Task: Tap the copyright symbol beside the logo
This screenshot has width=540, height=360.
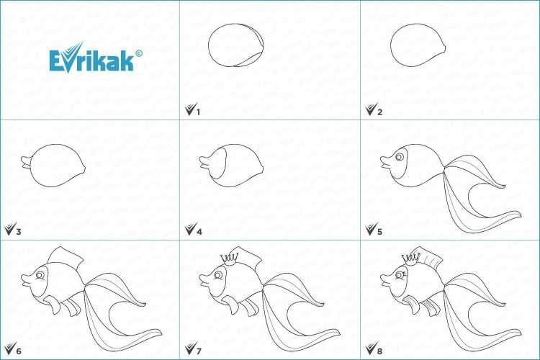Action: (x=139, y=53)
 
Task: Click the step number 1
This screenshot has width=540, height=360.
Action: (x=198, y=112)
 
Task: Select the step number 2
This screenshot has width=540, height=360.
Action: (x=379, y=112)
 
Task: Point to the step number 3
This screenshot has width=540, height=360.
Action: (x=18, y=232)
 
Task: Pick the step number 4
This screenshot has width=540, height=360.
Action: (x=199, y=232)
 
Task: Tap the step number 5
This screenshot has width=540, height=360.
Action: (x=379, y=232)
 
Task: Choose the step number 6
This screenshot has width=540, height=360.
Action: (x=19, y=351)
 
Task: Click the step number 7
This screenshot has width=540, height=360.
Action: (x=199, y=351)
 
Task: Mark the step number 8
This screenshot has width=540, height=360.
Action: (x=379, y=351)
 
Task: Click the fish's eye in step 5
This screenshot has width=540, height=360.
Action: (x=400, y=157)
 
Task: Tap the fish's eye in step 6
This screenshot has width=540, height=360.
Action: (x=40, y=275)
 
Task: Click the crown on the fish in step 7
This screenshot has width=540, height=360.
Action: (x=230, y=258)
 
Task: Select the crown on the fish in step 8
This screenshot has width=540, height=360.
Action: (x=411, y=258)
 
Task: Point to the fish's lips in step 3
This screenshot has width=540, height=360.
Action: (x=27, y=162)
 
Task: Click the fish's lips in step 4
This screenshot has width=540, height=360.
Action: (x=205, y=162)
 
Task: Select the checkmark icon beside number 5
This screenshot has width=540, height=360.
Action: (x=371, y=230)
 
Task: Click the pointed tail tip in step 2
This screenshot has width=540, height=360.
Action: (x=446, y=49)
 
